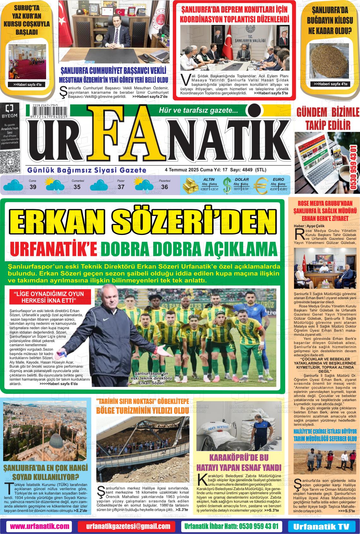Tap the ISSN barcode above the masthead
point(49,111)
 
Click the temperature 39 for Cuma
point(33,187)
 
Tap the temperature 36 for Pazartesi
point(165,187)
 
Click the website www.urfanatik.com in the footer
point(39,526)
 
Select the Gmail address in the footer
point(128,526)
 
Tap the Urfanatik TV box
point(321,526)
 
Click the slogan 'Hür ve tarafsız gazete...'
point(199,110)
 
